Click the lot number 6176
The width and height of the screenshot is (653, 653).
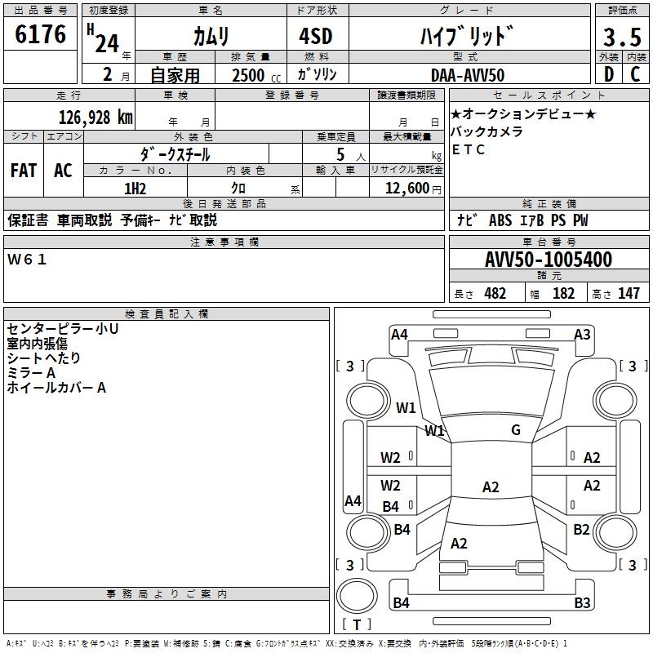click(41, 35)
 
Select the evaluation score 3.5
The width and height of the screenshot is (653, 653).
click(621, 38)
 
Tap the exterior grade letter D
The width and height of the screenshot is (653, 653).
click(608, 74)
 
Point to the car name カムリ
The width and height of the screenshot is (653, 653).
click(211, 36)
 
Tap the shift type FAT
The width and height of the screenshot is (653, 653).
click(24, 171)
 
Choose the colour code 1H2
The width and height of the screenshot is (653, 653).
click(135, 189)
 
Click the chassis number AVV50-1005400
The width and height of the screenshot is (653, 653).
click(548, 260)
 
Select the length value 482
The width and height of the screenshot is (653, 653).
click(495, 294)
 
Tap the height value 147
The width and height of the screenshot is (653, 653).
click(629, 294)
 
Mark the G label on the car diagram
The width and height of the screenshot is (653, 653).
click(516, 430)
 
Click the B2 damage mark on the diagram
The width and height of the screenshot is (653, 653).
click(581, 530)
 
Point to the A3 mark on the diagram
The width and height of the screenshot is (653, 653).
click(582, 334)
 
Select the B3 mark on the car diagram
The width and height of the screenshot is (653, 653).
click(582, 603)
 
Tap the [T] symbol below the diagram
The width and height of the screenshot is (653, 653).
click(357, 625)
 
